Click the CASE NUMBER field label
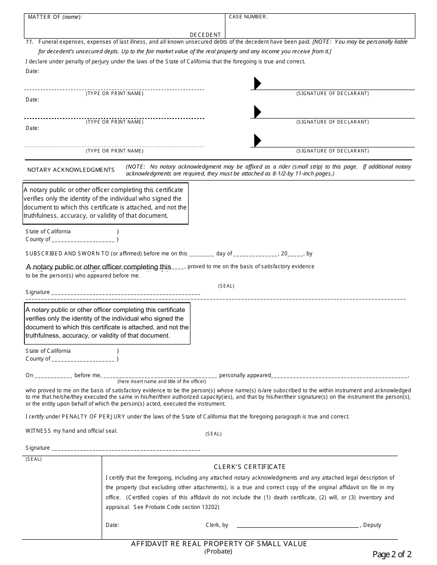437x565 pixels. coord(248,17)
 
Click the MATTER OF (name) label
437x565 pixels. coord(55,17)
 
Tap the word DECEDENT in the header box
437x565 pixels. coord(205,34)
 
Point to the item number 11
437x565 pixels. coord(30,42)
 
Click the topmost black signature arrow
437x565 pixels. coord(258,83)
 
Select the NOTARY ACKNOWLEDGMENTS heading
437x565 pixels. coord(71,170)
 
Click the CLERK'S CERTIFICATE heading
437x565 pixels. coord(250,467)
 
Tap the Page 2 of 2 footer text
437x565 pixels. coord(392,554)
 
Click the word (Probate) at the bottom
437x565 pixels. coord(218,551)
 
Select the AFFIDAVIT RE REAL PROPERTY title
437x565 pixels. coord(219,544)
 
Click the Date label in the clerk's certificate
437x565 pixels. coord(112,525)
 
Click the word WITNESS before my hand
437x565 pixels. coord(38,431)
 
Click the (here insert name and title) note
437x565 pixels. coord(161,381)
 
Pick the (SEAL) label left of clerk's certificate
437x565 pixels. coord(34,459)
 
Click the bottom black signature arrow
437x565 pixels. coord(258,140)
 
